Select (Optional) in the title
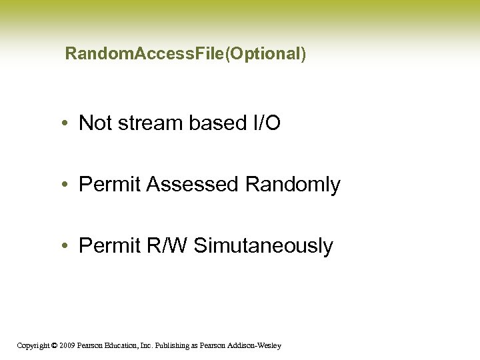pos(266,54)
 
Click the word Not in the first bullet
pos(94,123)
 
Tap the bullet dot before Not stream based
pos(69,124)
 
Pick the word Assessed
pos(193,185)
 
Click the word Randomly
pos(293,185)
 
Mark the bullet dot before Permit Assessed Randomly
pos(69,185)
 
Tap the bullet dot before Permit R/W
pos(69,247)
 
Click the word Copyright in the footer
pos(33,345)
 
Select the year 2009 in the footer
pos(67,345)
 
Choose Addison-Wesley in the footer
pos(257,345)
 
